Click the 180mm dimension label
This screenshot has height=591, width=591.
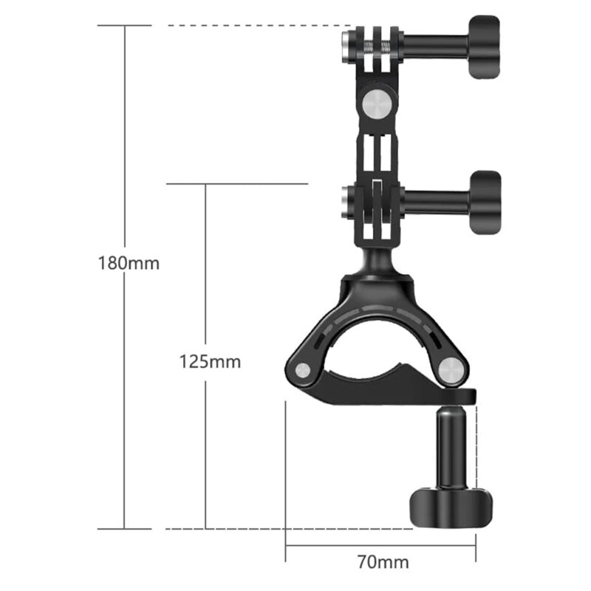coord(129,263)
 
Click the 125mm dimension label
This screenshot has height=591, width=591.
coord(210,362)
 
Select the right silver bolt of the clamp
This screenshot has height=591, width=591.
coord(448,369)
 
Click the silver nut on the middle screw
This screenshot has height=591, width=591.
coord(346,199)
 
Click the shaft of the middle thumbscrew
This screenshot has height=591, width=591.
coord(436,199)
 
